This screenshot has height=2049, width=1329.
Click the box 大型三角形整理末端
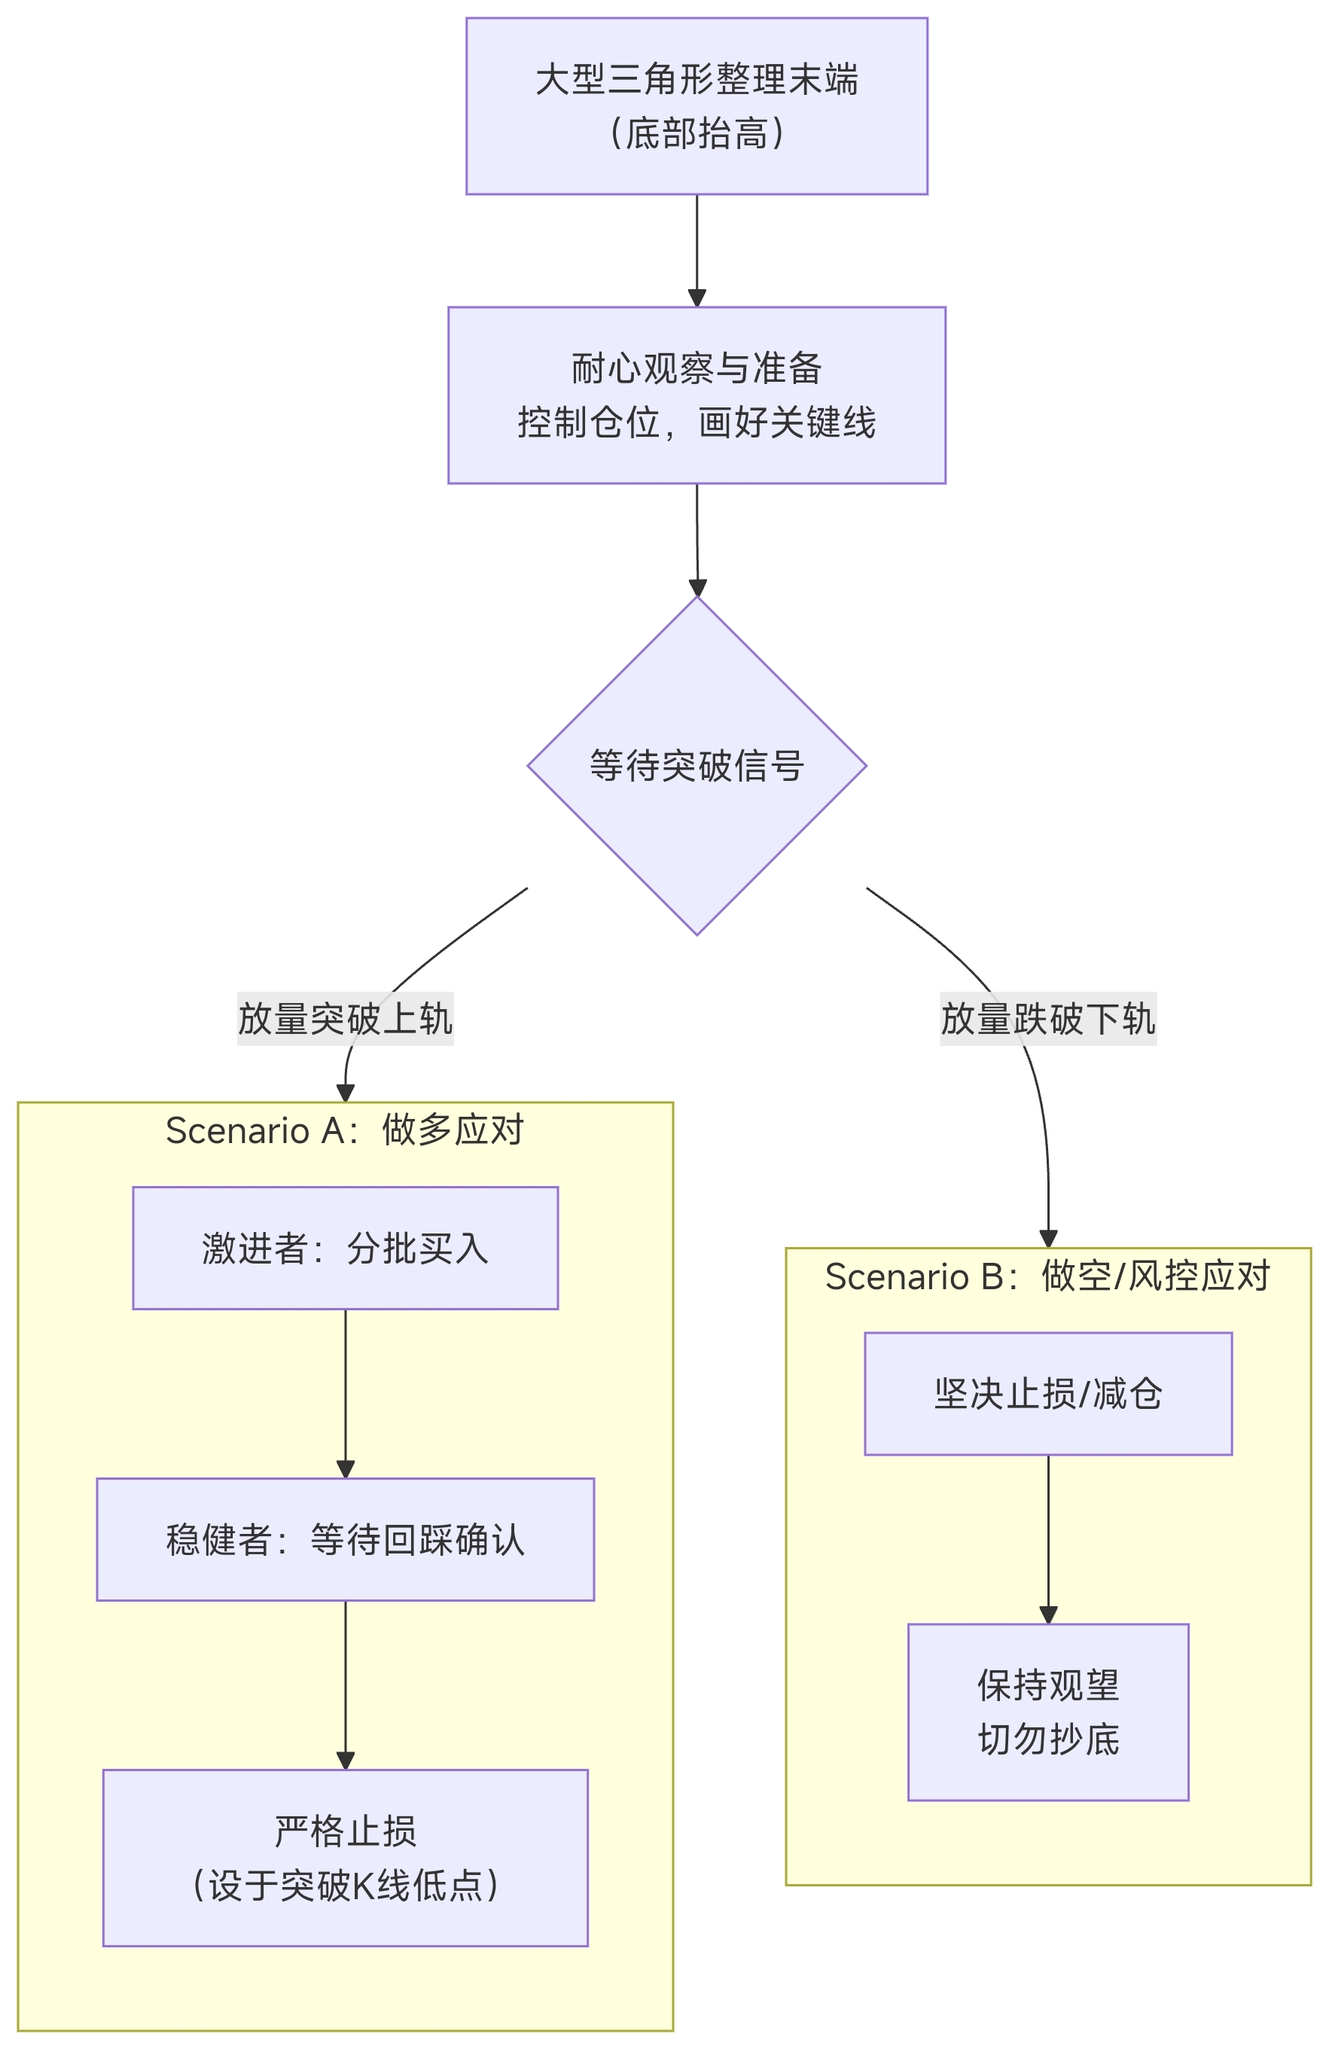(696, 106)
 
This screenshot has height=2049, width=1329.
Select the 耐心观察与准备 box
(696, 395)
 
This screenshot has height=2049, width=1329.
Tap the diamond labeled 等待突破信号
(696, 764)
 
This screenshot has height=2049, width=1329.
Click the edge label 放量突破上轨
(345, 1018)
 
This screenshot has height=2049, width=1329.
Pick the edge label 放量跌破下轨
(1047, 1018)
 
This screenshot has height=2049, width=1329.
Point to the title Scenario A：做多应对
(344, 1130)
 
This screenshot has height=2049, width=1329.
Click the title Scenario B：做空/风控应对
(1047, 1276)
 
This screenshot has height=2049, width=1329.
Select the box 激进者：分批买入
(344, 1248)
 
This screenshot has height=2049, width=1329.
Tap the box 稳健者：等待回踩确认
(344, 1539)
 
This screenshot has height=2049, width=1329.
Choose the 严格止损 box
(344, 1858)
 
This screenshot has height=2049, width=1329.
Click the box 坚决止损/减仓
(1047, 1394)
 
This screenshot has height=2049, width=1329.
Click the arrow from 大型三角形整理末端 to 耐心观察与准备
(697, 250)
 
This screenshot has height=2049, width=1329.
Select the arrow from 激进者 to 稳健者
(345, 1393)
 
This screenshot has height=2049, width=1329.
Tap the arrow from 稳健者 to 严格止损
(345, 1684)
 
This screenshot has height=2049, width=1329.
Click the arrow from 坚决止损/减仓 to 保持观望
(1047, 1538)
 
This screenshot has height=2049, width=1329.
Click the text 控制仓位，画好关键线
(696, 422)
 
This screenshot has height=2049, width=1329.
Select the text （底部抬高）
(696, 133)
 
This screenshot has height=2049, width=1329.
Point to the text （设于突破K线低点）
(344, 1886)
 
